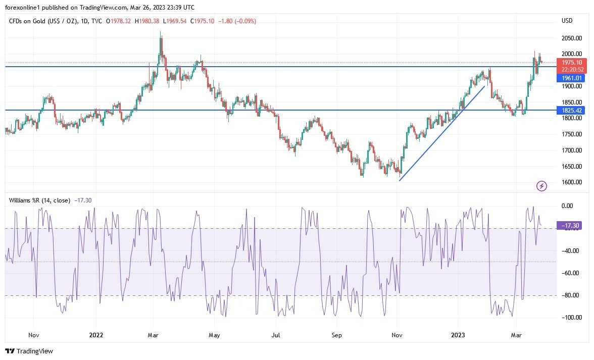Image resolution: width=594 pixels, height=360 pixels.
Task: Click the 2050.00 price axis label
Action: pos(572,38)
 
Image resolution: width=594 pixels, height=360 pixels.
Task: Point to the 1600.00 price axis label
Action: pos(572,182)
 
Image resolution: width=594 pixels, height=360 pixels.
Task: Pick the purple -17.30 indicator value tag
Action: pos(570,226)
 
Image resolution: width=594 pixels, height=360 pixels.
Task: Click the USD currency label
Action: pos(567,21)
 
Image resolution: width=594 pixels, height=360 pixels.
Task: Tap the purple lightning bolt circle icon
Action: pos(541,186)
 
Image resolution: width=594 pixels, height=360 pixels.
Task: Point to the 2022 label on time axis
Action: pos(96,335)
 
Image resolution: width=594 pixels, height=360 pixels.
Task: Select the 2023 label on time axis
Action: pos(458,335)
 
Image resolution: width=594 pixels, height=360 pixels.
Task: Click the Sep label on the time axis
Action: pos(337,335)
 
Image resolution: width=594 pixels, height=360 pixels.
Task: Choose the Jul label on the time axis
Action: pos(276,335)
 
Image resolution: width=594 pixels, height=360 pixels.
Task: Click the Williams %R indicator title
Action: pos(40,200)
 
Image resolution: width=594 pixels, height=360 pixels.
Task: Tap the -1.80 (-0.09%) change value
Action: pos(239,21)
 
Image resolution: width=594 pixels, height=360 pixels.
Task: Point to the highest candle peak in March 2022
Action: pos(161,32)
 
